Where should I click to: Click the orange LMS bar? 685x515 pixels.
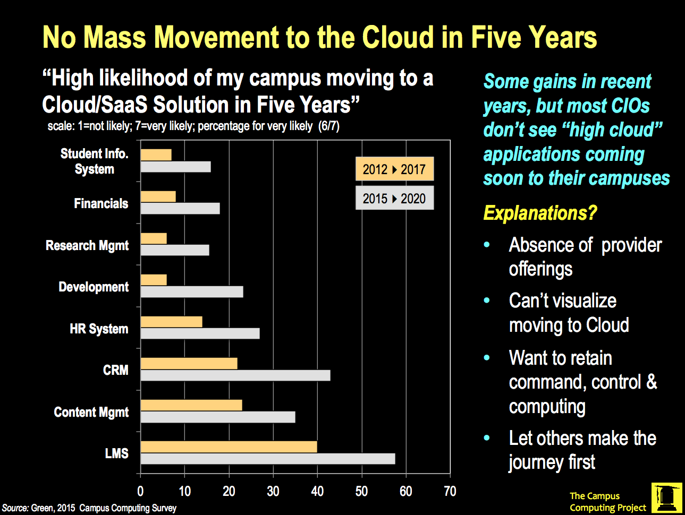229,447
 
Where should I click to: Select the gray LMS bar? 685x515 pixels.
267,459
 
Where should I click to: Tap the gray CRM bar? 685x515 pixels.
235,375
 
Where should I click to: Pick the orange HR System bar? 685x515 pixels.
171,322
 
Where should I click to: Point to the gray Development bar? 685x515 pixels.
191,291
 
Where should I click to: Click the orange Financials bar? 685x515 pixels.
158,196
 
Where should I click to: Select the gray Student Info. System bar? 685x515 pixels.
175,167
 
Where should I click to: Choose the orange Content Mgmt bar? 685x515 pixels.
191,405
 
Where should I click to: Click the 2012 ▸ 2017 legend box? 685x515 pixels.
394,169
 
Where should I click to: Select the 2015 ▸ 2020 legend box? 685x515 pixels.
394,198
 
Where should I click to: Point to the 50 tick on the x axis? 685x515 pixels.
361,491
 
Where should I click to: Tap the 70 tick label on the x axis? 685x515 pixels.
450,491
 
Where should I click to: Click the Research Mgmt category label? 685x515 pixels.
87,245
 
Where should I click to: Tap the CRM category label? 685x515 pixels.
115,370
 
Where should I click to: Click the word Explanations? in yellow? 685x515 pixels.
540,213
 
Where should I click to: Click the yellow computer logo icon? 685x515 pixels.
666,497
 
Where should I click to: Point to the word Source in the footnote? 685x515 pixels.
15,508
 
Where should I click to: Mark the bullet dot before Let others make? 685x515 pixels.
487,438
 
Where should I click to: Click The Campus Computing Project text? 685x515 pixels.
607,502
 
